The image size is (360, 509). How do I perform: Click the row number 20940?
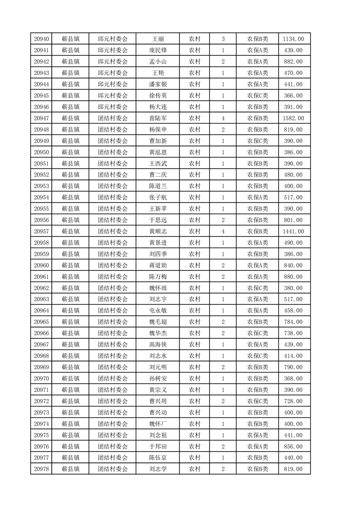(x=41, y=39)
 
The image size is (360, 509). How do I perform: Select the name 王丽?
(x=158, y=39)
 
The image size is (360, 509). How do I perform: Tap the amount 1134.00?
(x=293, y=39)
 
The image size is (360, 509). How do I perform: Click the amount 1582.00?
(x=293, y=118)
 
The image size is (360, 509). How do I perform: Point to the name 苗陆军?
(x=158, y=118)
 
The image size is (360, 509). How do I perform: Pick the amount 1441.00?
(x=293, y=231)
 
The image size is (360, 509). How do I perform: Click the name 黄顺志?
(x=158, y=231)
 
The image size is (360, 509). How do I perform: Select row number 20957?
(x=41, y=231)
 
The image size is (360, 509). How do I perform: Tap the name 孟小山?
(x=158, y=62)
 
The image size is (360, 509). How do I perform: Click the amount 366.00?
(x=293, y=96)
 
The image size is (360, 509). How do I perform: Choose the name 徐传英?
(x=158, y=96)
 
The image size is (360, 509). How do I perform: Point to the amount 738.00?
(x=293, y=333)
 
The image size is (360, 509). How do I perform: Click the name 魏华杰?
(x=158, y=333)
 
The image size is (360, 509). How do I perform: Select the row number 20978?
(x=41, y=469)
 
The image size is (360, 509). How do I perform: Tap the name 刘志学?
(x=158, y=469)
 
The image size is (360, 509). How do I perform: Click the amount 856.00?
(x=293, y=446)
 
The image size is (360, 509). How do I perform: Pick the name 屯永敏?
(x=158, y=311)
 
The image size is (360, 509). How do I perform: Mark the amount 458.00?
(x=293, y=311)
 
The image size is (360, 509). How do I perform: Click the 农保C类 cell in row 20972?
(x=257, y=401)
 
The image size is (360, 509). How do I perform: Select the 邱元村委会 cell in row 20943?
(x=113, y=73)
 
